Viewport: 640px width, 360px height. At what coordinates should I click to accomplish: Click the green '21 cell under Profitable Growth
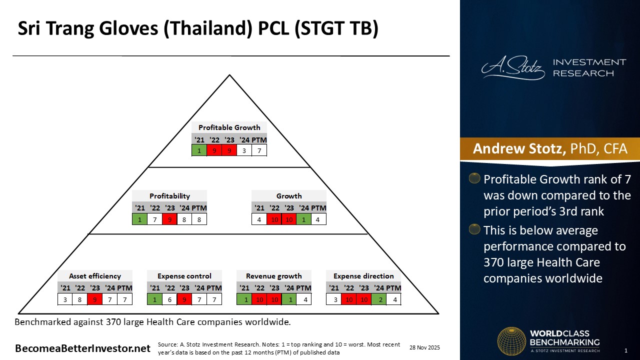tap(199, 150)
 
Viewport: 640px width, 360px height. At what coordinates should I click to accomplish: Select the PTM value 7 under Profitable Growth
tap(259, 150)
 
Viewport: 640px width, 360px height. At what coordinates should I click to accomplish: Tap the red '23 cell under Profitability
tap(169, 219)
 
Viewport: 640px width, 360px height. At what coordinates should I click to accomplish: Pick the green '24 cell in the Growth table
tap(303, 219)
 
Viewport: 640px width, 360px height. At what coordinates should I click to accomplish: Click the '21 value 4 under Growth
tap(259, 219)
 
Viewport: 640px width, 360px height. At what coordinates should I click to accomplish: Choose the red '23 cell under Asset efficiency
tap(95, 299)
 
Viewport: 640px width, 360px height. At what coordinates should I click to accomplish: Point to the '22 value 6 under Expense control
tap(169, 299)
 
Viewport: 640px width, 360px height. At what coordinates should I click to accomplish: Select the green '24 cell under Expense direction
tap(379, 299)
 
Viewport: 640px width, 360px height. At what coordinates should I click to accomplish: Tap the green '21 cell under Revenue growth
tap(244, 299)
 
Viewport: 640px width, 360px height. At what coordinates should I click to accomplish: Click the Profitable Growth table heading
tap(229, 127)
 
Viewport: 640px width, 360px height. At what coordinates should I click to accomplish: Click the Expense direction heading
tap(363, 276)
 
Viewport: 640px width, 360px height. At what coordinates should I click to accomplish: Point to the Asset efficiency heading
tap(95, 276)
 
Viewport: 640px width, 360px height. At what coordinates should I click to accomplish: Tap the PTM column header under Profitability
tap(199, 207)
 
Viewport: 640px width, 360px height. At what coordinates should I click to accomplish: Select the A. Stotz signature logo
tap(513, 67)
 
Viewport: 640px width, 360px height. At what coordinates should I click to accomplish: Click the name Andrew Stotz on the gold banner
tap(519, 149)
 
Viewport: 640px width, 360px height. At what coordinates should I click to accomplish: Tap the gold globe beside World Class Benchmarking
tap(511, 341)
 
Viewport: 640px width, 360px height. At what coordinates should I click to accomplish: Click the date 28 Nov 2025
tap(424, 347)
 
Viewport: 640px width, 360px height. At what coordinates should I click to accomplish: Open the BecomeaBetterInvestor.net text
tap(82, 348)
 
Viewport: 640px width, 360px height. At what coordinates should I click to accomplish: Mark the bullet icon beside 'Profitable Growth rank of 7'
tap(474, 178)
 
